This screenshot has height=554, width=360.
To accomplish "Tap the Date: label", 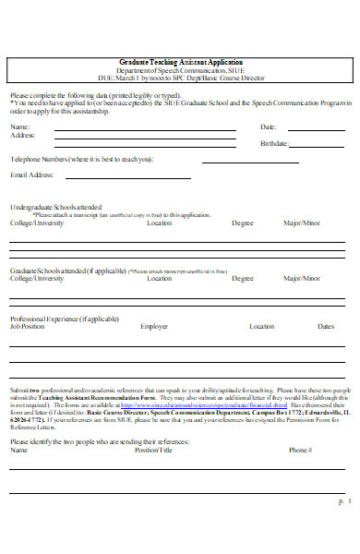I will (268, 126).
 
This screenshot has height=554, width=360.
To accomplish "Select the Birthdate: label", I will (274, 144).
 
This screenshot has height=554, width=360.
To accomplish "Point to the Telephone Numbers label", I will (81, 159).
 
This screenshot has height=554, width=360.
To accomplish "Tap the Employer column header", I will (154, 326).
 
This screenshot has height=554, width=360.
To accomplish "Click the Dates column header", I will (325, 326).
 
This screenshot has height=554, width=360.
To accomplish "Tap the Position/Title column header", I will (153, 450).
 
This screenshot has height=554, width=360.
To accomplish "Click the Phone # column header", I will (300, 450).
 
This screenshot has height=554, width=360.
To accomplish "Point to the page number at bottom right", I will (342, 526).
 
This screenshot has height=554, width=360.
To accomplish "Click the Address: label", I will (23, 136).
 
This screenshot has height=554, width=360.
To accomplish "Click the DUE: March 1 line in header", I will (180, 78).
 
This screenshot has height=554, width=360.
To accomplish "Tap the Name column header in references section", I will (18, 450).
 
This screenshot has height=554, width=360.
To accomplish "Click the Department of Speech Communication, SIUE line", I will (180, 70).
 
